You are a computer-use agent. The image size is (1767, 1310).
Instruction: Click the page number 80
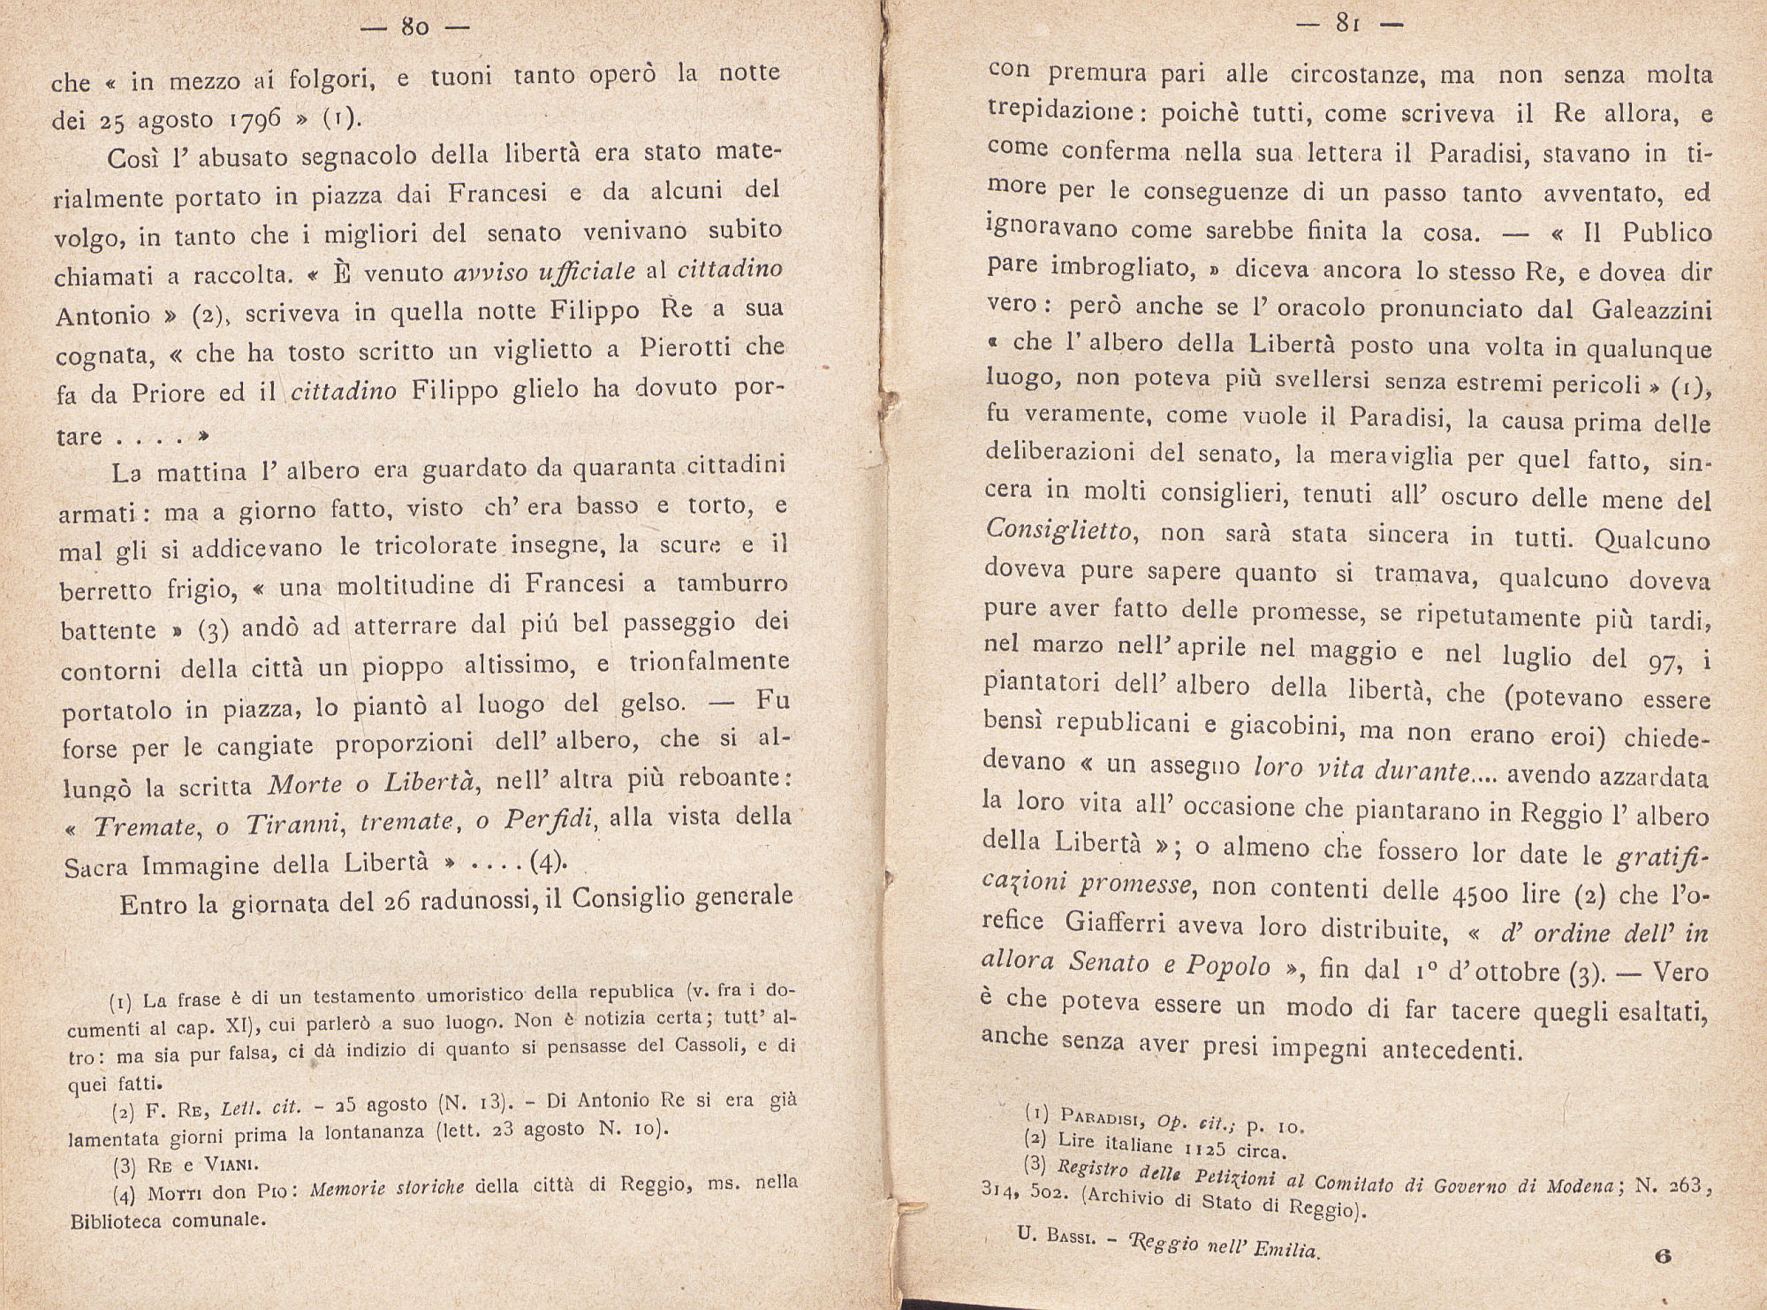coord(414,27)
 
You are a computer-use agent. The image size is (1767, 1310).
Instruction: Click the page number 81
coord(1347,25)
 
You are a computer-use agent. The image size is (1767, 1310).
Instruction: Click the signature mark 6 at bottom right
coord(1663,1254)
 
